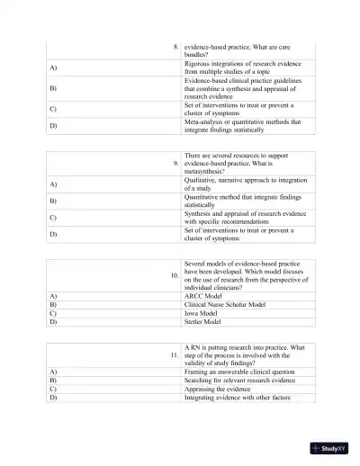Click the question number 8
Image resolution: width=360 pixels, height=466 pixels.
175,45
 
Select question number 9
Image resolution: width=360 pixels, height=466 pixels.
175,162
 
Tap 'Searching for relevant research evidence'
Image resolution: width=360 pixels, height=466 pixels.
239,380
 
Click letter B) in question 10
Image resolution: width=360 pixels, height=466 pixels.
53,304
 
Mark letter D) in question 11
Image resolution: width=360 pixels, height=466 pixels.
53,397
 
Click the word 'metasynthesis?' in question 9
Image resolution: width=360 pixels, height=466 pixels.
206,171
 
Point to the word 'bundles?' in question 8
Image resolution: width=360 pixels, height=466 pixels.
200,54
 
